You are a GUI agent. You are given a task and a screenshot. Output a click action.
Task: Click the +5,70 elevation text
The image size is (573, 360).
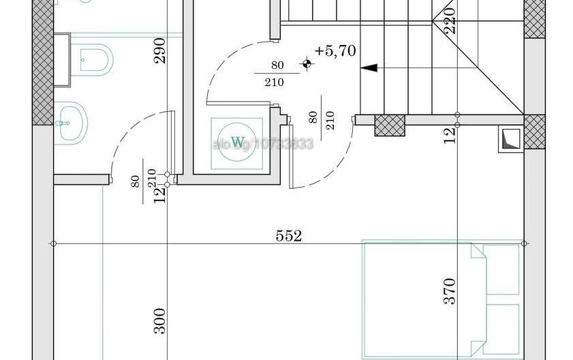(x=335, y=51)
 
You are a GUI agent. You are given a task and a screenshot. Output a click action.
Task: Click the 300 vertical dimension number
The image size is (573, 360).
(x=158, y=320)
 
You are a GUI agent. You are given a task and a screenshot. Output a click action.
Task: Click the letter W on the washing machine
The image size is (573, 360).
(x=237, y=142)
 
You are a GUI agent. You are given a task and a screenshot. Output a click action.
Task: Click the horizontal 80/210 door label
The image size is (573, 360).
(x=277, y=74)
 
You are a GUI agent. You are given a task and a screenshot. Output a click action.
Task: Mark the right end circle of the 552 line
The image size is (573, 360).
(x=523, y=243)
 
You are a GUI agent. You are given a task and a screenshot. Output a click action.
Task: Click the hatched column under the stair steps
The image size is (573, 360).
(x=389, y=125)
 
